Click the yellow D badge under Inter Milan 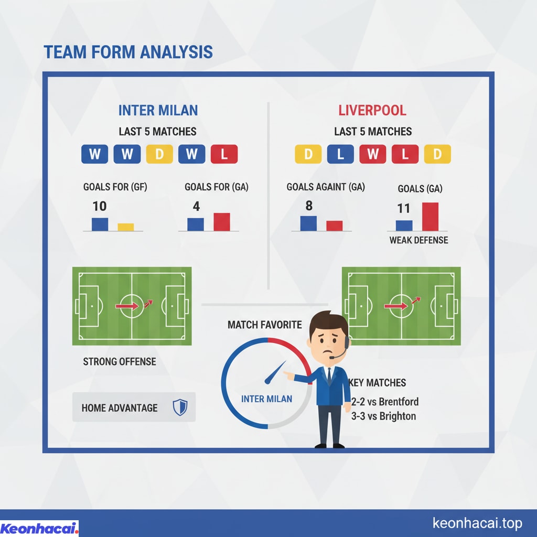(x=159, y=154)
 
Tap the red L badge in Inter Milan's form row (x=224, y=154)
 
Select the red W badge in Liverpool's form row (x=373, y=154)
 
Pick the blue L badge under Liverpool (x=340, y=154)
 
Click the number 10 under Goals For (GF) (x=100, y=206)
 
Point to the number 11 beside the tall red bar (x=403, y=208)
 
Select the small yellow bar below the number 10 (x=126, y=227)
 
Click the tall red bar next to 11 (x=430, y=217)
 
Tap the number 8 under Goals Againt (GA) (x=309, y=206)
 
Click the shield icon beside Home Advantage (x=180, y=407)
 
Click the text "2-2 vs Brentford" (x=385, y=401)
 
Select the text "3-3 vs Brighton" (x=383, y=416)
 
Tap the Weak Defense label (x=418, y=240)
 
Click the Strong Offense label (x=120, y=362)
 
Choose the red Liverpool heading (x=372, y=110)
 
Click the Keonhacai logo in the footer (x=39, y=528)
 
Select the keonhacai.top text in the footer (x=477, y=523)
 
